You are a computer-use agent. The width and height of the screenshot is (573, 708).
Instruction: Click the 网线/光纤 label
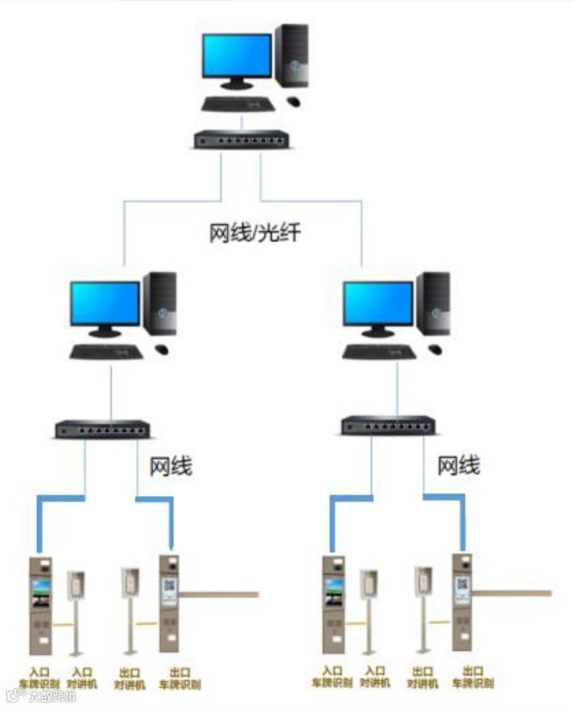point(254,233)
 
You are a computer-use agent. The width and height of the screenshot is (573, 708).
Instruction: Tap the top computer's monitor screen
point(237,55)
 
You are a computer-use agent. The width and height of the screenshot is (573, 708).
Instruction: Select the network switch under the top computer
point(239,140)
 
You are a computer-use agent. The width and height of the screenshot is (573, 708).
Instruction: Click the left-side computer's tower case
point(160,304)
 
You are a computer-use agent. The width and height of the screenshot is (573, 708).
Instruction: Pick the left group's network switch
point(100,429)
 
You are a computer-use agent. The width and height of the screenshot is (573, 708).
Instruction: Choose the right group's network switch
point(388,425)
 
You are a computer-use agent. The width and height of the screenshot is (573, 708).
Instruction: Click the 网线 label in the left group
point(171,465)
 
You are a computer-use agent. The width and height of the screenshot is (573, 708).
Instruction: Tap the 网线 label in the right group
point(459,465)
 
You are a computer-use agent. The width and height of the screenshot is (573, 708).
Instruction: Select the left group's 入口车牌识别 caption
point(40,678)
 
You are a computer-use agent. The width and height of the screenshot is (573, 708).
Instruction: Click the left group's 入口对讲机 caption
point(82,678)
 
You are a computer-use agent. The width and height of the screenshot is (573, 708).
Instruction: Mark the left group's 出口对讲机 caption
point(130,678)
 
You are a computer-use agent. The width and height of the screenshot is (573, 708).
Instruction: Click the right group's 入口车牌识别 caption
point(332,677)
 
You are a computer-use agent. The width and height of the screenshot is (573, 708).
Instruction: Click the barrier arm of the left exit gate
point(219,595)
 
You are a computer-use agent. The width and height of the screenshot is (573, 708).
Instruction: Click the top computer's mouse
point(293,101)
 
